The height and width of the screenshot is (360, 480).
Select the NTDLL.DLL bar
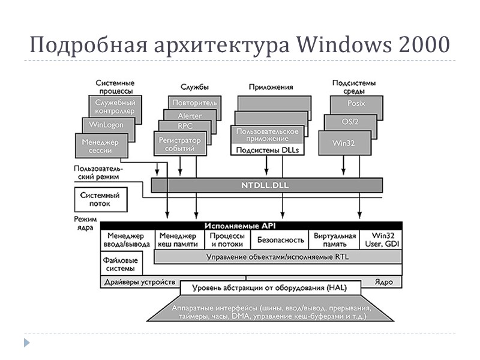pyautogui.click(x=268, y=185)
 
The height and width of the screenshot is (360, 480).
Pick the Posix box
pyautogui.click(x=356, y=103)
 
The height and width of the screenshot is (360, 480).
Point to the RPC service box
pyautogui.click(x=185, y=127)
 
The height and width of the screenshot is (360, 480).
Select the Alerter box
pyautogui.click(x=190, y=115)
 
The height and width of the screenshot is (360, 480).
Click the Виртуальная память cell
pyautogui.click(x=335, y=240)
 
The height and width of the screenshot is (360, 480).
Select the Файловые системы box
pyautogui.click(x=121, y=265)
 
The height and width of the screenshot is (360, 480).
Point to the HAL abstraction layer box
pyautogui.click(x=268, y=288)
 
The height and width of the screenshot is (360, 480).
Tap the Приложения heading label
pyautogui.click(x=272, y=87)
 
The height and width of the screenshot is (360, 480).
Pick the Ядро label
pyautogui.click(x=383, y=281)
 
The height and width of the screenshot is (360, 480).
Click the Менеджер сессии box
pyautogui.click(x=97, y=146)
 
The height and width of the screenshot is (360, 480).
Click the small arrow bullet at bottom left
pyautogui.click(x=26, y=343)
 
